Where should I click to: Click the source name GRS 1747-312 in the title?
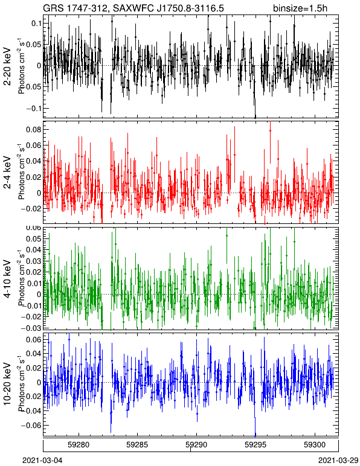[x=74, y=8]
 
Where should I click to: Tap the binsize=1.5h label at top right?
[x=300, y=8]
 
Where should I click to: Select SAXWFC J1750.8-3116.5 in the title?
[x=166, y=8]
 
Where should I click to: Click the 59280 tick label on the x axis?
[x=79, y=445]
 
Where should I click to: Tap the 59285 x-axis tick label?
[x=138, y=445]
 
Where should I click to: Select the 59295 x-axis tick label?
[x=256, y=445]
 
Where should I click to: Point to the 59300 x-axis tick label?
[x=315, y=445]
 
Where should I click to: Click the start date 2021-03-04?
[x=43, y=461]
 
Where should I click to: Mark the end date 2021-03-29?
[x=338, y=461]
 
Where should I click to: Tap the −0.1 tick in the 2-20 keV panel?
[x=33, y=108]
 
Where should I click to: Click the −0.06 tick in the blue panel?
[x=31, y=426]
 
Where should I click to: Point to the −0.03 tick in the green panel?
[x=31, y=328]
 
